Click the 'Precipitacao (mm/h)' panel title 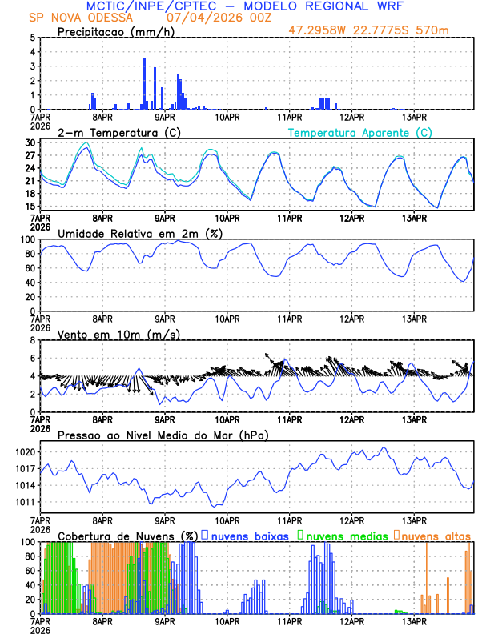pyautogui.click(x=114, y=31)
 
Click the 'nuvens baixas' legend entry pyautogui.click(x=250, y=535)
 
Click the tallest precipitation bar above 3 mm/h pyautogui.click(x=144, y=83)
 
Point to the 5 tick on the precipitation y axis pyautogui.click(x=31, y=38)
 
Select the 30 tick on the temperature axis pyautogui.click(x=29, y=142)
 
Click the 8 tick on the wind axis pyautogui.click(x=31, y=340)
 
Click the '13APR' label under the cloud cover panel pyautogui.click(x=414, y=621)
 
